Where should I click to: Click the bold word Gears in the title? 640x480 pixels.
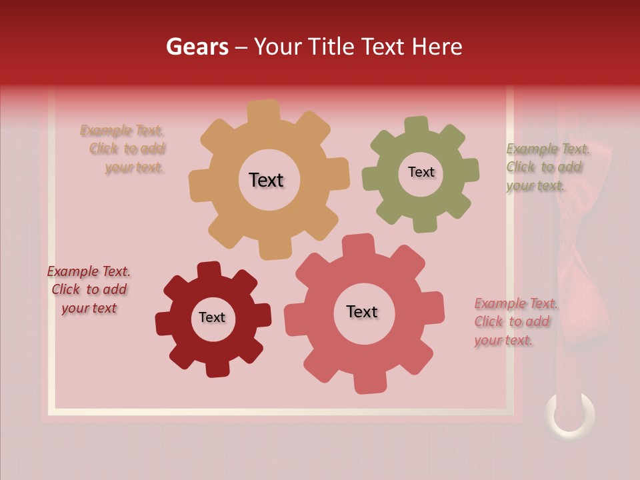pos(197,47)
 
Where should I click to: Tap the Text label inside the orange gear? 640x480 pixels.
pos(266,180)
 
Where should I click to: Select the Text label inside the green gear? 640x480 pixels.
pos(421,172)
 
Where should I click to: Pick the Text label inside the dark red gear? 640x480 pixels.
pos(212,317)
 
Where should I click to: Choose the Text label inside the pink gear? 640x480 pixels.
pos(362,311)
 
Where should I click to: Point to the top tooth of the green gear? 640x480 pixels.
pos(417,125)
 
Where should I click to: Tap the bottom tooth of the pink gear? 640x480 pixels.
pos(368,383)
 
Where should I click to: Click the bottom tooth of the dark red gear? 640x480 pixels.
pos(217,367)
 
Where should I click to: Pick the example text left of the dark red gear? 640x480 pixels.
pos(89,290)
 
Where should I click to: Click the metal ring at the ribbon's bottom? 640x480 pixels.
pos(570,415)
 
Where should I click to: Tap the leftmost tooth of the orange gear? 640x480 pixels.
pos(199,185)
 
